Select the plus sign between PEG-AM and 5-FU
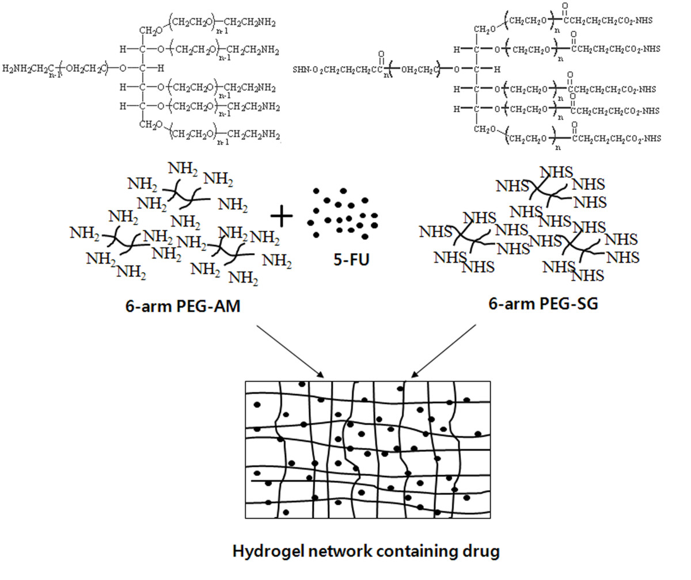click(x=282, y=217)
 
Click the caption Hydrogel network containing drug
click(x=366, y=551)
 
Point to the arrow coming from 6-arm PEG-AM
click(x=290, y=351)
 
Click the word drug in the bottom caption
click(x=482, y=551)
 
